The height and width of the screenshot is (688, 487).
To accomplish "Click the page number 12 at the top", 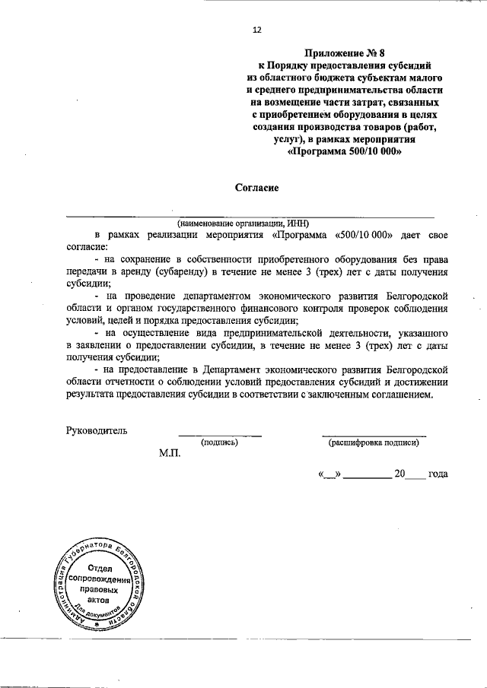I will pos(256,30).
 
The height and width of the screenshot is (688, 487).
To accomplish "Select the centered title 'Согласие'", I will pos(256,186).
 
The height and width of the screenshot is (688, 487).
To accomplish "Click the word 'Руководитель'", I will pos(97,430).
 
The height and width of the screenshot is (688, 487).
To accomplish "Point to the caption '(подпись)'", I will pos(220,442).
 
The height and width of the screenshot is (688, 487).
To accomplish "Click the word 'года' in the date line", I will pos(438,474).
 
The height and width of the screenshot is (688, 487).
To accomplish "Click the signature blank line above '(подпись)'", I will pos(220,436).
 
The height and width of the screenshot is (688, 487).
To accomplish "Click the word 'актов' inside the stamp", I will pos(100,601).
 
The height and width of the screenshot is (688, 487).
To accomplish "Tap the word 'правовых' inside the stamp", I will pos(100,590).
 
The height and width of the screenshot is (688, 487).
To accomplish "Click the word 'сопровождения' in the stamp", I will pos(100,579).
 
